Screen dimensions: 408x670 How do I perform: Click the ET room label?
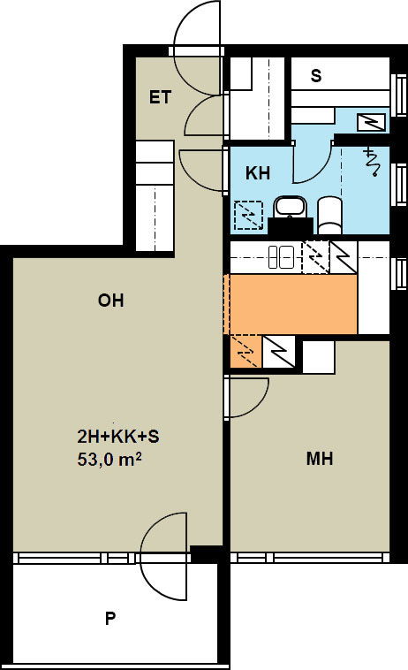tap(160, 97)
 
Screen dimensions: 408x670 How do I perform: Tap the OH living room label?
tap(111, 301)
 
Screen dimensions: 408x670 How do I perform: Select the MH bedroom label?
tap(320, 459)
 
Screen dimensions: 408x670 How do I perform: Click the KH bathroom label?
tap(258, 173)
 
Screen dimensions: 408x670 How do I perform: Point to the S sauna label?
tap(316, 76)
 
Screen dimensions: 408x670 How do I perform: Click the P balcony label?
tap(110, 619)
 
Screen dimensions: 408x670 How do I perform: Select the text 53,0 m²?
tap(110, 460)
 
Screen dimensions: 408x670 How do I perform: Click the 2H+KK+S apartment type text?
tap(118, 437)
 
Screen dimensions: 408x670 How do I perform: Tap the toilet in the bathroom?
tap(330, 215)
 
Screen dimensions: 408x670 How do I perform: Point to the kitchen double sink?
tap(281, 257)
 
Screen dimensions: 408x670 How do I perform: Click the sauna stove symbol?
tap(373, 123)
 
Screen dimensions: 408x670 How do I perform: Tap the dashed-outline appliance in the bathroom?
tap(249, 215)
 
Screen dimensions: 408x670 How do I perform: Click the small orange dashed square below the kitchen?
tap(246, 352)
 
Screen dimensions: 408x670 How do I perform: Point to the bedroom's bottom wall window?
tap(310, 558)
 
